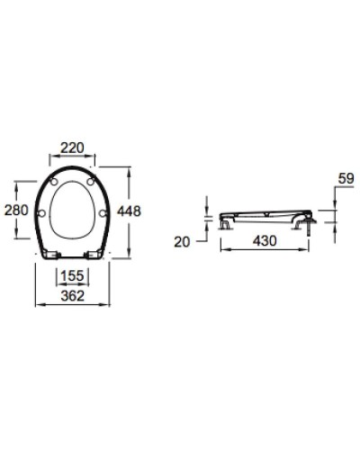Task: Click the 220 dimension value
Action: tap(74, 147)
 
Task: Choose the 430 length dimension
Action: tap(263, 242)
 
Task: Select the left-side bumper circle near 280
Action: tap(44, 213)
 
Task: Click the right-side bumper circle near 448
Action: tap(104, 213)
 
